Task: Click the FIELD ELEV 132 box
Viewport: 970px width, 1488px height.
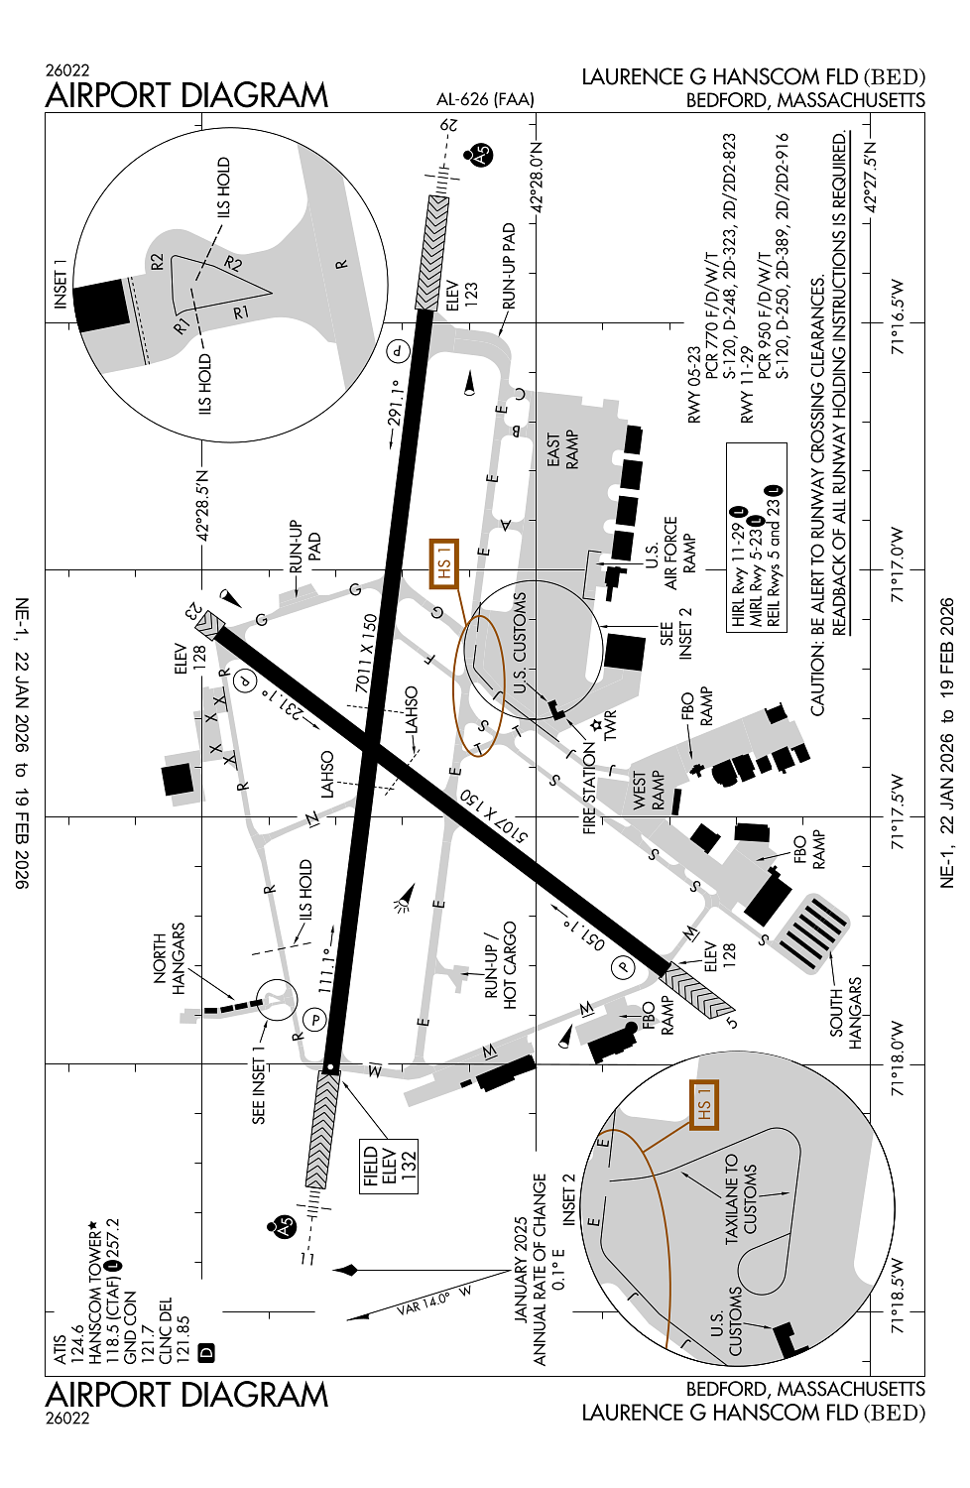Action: [x=389, y=1167]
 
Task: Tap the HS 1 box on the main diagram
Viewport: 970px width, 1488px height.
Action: [x=443, y=564]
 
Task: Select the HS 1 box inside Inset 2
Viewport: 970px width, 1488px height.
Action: [x=704, y=1105]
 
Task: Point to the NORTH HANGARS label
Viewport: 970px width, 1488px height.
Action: [x=169, y=958]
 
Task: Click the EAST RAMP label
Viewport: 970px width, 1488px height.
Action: [x=562, y=451]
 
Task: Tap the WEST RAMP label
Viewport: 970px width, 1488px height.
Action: [x=649, y=791]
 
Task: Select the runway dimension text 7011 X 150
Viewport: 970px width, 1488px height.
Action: [x=366, y=654]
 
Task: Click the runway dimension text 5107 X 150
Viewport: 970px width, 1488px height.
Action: [x=493, y=816]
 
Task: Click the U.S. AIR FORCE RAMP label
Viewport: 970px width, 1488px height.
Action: [x=670, y=554]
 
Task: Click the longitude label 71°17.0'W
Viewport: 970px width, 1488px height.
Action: [x=897, y=565]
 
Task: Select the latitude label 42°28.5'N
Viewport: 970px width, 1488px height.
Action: [x=202, y=506]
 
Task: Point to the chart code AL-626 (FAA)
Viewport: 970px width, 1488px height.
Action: [x=485, y=99]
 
